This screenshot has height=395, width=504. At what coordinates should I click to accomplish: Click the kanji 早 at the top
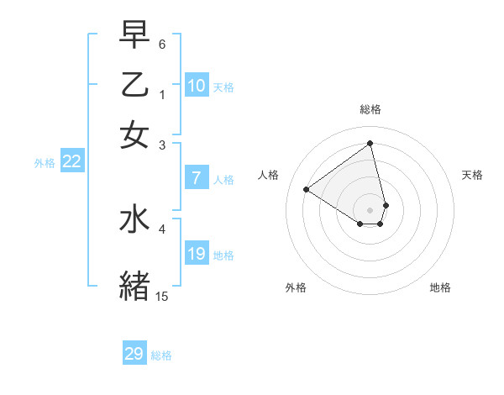pyautogui.click(x=134, y=35)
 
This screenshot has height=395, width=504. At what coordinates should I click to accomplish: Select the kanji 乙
pyautogui.click(x=134, y=86)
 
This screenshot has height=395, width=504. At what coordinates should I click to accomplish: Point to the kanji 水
pyautogui.click(x=134, y=220)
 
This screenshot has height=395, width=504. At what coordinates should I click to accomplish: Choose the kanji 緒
pyautogui.click(x=134, y=285)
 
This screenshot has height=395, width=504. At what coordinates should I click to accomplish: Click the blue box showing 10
pyautogui.click(x=197, y=86)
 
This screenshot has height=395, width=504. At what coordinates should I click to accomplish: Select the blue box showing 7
pyautogui.click(x=196, y=178)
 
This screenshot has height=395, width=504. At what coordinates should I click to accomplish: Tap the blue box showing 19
pyautogui.click(x=197, y=254)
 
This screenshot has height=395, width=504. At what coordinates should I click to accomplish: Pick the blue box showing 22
pyautogui.click(x=72, y=162)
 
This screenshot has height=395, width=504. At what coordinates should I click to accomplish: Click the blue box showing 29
pyautogui.click(x=134, y=354)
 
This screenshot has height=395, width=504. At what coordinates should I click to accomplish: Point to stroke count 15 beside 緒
pyautogui.click(x=161, y=296)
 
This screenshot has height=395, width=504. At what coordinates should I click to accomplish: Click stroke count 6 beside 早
pyautogui.click(x=162, y=43)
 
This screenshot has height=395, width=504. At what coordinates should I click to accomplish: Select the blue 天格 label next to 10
pyautogui.click(x=223, y=87)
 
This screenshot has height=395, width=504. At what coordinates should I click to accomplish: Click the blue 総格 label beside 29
pyautogui.click(x=161, y=355)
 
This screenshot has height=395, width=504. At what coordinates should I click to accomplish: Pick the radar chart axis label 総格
pyautogui.click(x=370, y=109)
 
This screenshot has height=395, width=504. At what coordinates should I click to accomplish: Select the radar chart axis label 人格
pyautogui.click(x=269, y=175)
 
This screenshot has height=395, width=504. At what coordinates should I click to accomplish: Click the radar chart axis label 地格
pyautogui.click(x=440, y=287)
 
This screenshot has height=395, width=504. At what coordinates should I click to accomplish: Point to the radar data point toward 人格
pyautogui.click(x=307, y=189)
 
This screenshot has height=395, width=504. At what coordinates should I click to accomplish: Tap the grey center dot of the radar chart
pyautogui.click(x=370, y=209)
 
